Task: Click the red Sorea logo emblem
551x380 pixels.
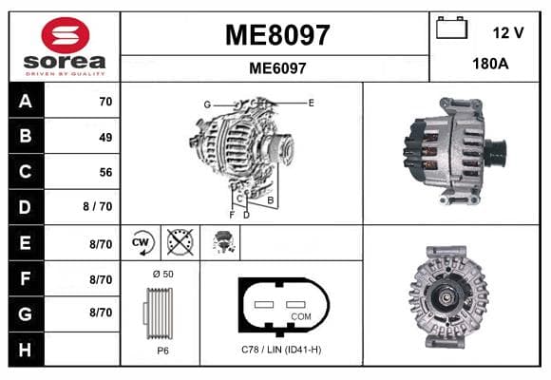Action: tap(66, 35)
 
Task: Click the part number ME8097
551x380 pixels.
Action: tap(277, 35)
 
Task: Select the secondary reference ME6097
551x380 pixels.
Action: tap(277, 68)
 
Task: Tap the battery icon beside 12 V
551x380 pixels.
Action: tap(451, 28)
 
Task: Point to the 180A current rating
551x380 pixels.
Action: tap(490, 64)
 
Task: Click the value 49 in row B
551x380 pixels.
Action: tap(105, 137)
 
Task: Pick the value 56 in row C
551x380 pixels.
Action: tap(105, 172)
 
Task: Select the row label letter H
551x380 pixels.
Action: tap(25, 350)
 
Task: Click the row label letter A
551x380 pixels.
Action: tap(26, 102)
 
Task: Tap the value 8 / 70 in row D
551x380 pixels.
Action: tap(97, 206)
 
